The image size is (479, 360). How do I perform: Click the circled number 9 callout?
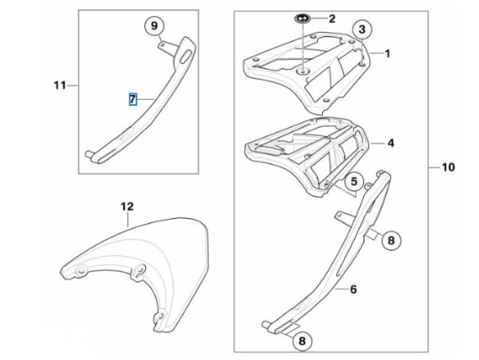pyautogui.click(x=154, y=26)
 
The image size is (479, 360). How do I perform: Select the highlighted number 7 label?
pyautogui.click(x=133, y=99)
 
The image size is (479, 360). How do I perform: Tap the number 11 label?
pyautogui.click(x=60, y=85)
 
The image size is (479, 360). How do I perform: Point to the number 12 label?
pyautogui.click(x=127, y=206)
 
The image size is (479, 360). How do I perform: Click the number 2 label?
pyautogui.click(x=331, y=18)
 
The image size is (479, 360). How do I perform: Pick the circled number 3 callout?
pyautogui.click(x=362, y=29)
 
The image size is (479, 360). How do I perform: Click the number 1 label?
pyautogui.click(x=388, y=54)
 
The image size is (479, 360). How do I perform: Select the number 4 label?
pyautogui.click(x=391, y=143)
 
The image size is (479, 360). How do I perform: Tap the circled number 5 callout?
pyautogui.click(x=354, y=181)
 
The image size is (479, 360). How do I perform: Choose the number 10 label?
pyautogui.click(x=448, y=167)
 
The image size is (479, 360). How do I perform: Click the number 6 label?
pyautogui.click(x=353, y=289)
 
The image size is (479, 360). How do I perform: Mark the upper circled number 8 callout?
pyautogui.click(x=391, y=240)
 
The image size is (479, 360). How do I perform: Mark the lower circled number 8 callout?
pyautogui.click(x=302, y=341)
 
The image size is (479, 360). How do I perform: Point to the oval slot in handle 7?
pyautogui.click(x=186, y=57)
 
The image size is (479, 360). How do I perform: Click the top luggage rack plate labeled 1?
pyautogui.click(x=306, y=72)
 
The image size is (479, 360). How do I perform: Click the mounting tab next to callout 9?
pyautogui.click(x=167, y=47)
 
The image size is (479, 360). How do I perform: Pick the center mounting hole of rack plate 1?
pyautogui.click(x=303, y=72)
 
